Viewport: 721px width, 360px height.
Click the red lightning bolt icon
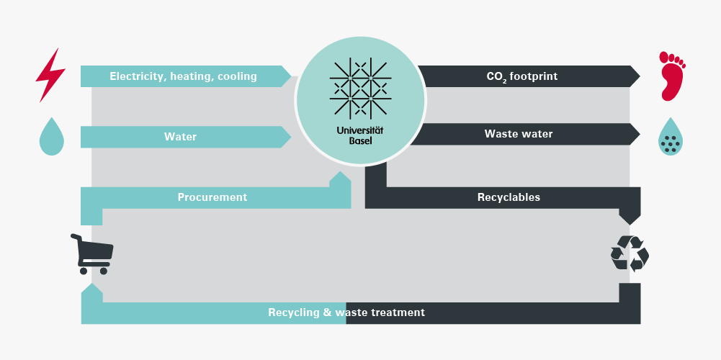(x=50, y=75)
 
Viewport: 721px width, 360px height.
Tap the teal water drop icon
(x=51, y=137)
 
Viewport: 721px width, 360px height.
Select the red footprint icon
(x=671, y=75)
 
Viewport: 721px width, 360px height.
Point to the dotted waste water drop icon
(x=671, y=138)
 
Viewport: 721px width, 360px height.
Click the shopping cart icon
(x=91, y=253)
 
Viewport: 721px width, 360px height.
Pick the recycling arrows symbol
(x=630, y=253)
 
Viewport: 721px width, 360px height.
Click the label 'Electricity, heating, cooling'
(x=183, y=76)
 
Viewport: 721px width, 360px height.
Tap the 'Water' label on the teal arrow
(x=180, y=136)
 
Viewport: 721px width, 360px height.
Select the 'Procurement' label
(x=212, y=197)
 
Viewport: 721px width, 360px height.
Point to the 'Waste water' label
(x=519, y=134)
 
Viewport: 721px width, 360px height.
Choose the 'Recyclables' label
(x=509, y=197)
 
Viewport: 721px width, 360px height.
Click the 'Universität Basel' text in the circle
(x=361, y=135)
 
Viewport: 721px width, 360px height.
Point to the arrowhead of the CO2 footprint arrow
(x=635, y=76)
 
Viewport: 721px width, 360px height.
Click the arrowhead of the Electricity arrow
(x=286, y=76)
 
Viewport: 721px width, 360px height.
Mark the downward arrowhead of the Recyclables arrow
(x=630, y=217)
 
